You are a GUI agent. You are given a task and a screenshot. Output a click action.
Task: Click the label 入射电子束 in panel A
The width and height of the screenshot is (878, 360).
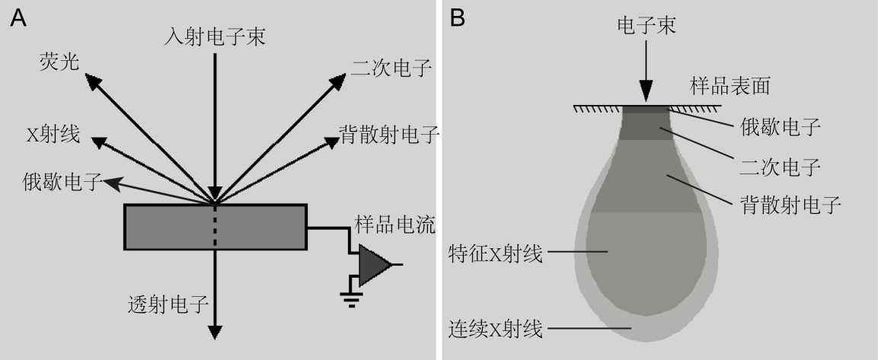[216, 37]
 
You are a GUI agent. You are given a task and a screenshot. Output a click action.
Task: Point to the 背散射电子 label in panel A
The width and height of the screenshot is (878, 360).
[389, 135]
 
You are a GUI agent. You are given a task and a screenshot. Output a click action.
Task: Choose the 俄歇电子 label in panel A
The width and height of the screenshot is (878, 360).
[63, 182]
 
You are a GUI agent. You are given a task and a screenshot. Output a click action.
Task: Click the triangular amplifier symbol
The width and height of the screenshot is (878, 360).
[374, 265]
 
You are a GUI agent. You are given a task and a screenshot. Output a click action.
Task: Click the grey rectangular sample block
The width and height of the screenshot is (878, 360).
[216, 227]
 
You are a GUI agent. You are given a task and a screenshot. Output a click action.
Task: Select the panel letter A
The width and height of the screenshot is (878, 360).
[18, 18]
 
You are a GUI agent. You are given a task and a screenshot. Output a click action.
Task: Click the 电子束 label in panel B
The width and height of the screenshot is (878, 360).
[646, 26]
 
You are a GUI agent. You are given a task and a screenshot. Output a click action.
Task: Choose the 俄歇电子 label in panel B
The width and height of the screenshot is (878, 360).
[780, 127]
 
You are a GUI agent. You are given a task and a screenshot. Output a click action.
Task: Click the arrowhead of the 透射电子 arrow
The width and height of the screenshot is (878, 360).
[216, 331]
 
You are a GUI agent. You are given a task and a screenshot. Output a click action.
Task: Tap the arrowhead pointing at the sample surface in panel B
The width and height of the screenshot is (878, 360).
[646, 93]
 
